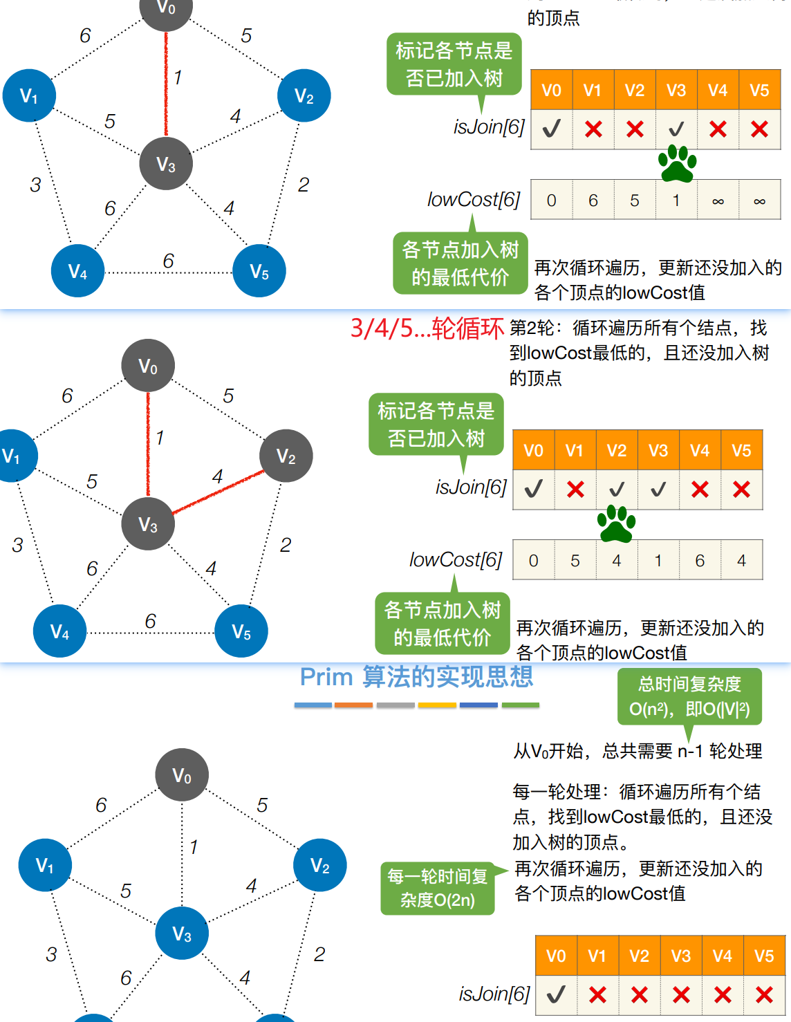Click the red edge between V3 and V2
click(218, 492)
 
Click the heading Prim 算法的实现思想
click(416, 677)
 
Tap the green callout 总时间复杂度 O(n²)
click(689, 697)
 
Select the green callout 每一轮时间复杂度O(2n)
click(438, 888)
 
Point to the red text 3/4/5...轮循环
click(427, 328)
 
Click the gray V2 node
click(286, 456)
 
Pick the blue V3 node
click(182, 933)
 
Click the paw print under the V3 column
click(677, 164)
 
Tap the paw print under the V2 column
click(616, 524)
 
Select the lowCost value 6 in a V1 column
click(593, 201)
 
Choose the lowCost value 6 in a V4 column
click(700, 561)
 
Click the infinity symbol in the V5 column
click(759, 201)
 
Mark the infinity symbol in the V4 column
click(718, 201)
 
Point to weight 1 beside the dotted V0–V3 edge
click(194, 847)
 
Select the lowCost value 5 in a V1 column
click(575, 561)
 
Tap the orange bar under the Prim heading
click(353, 705)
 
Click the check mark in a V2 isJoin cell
click(617, 490)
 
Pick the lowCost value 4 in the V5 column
click(741, 561)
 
